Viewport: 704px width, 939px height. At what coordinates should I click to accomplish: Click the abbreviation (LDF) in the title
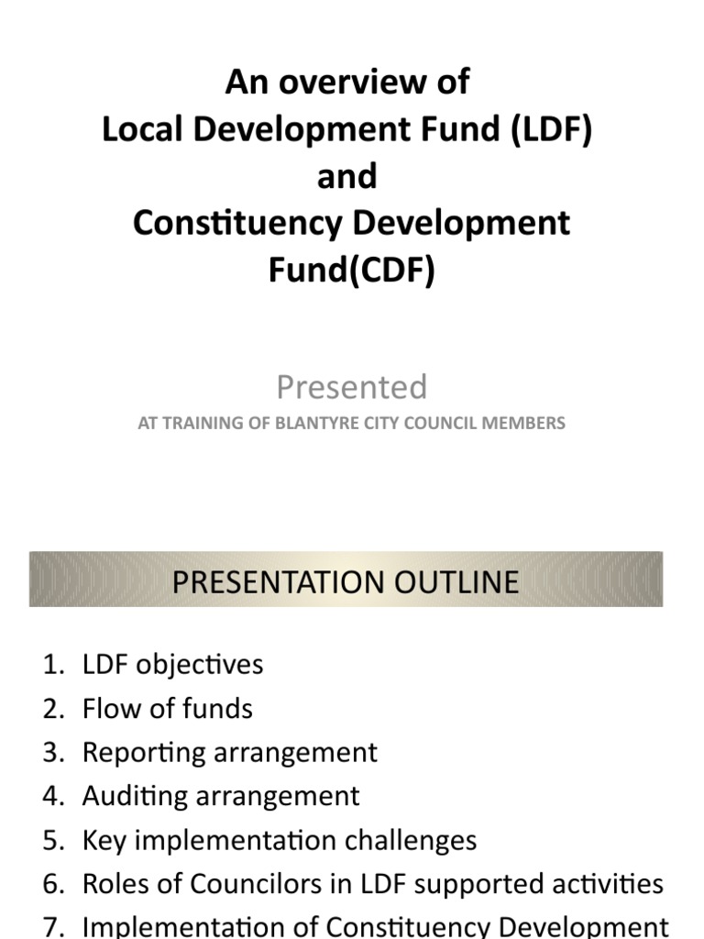pos(548,129)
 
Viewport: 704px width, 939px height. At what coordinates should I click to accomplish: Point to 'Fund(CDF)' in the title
pos(352,271)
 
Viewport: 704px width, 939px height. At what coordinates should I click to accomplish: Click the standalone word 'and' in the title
pos(346,176)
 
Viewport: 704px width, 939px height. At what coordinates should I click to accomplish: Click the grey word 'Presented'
pos(352,387)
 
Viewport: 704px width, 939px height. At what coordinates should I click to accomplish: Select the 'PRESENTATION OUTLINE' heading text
pos(346,581)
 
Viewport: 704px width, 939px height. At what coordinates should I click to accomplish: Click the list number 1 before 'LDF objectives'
pos(50,664)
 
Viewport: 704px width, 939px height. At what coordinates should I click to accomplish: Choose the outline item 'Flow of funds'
pos(167,708)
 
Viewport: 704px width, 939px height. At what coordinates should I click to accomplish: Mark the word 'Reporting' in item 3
pos(144,753)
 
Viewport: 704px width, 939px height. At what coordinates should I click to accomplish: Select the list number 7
pos(50,927)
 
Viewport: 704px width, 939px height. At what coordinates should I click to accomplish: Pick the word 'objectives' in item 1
pos(199,664)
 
